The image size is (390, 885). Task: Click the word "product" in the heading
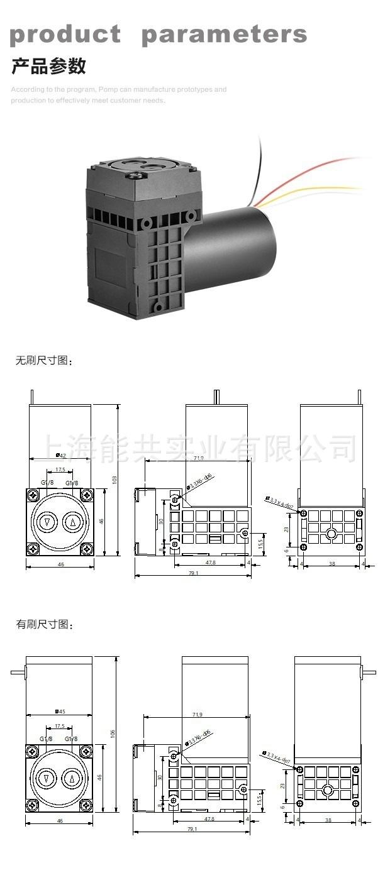(x=65, y=35)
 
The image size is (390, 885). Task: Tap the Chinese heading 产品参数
(x=48, y=66)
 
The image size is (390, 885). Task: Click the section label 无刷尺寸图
(x=44, y=361)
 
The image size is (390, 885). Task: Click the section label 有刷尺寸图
(x=44, y=625)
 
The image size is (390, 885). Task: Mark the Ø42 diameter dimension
(x=61, y=456)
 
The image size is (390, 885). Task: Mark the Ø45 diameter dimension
(x=60, y=712)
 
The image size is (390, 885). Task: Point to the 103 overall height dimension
(x=114, y=479)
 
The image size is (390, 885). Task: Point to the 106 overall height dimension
(x=113, y=734)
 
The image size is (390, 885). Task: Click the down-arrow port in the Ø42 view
(x=47, y=522)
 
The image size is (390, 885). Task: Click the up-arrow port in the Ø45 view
(x=72, y=779)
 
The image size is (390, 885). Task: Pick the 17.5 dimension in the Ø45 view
(x=59, y=725)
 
